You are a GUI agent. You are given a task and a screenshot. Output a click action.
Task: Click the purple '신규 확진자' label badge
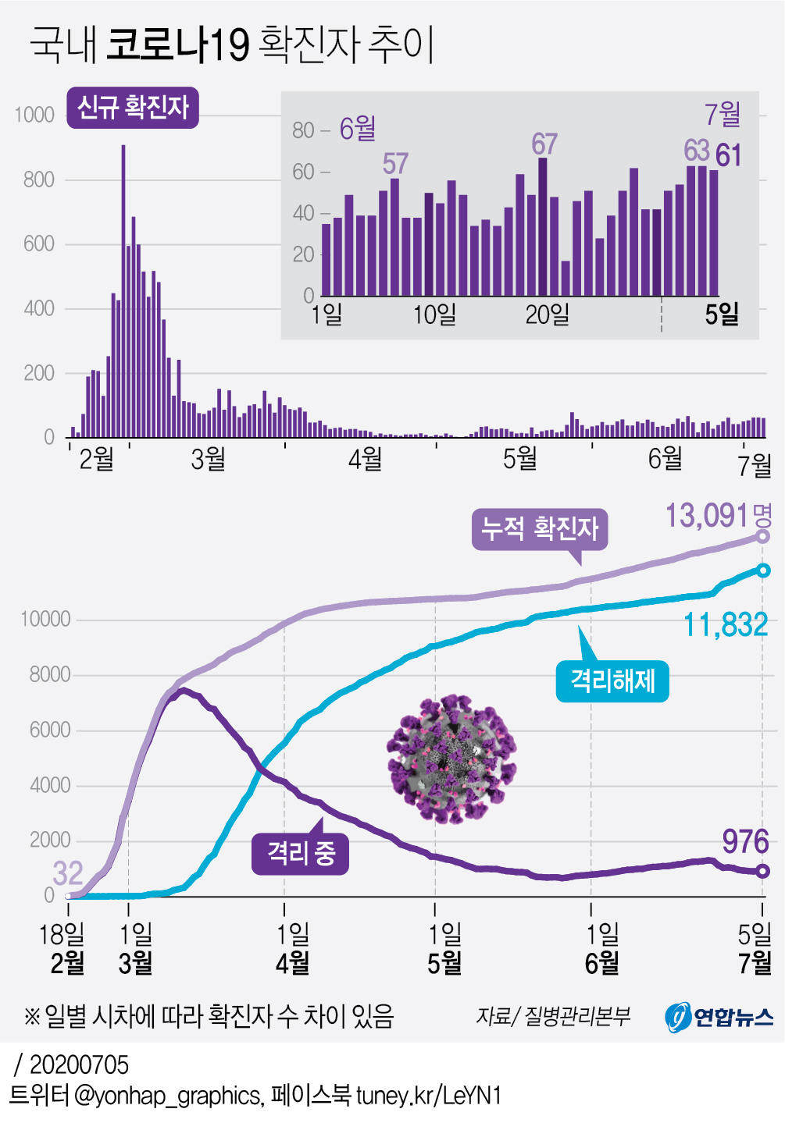pyautogui.click(x=133, y=108)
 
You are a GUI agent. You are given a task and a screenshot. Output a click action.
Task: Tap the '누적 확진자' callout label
pyautogui.click(x=540, y=529)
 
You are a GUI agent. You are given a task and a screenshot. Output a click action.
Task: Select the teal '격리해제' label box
pyautogui.click(x=612, y=681)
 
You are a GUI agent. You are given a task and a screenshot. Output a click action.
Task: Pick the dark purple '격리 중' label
pyautogui.click(x=301, y=852)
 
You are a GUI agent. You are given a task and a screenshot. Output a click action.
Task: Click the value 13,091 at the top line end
pyautogui.click(x=708, y=516)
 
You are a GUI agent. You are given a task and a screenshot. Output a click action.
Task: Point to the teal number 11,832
pyautogui.click(x=726, y=625)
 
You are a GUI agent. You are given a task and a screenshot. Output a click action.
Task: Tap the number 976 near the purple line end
pyautogui.click(x=745, y=841)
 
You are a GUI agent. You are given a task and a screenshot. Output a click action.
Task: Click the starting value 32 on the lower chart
pyautogui.click(x=68, y=873)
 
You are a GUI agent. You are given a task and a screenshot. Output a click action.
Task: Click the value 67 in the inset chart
pyautogui.click(x=544, y=144)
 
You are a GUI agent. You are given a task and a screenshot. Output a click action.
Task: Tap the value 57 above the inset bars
pyautogui.click(x=395, y=164)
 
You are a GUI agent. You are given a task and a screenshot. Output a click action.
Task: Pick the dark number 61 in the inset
pyautogui.click(x=728, y=156)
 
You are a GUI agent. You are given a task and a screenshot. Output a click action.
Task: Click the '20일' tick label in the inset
pyautogui.click(x=547, y=315)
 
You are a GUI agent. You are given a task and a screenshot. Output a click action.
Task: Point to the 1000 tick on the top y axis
pyautogui.click(x=34, y=115)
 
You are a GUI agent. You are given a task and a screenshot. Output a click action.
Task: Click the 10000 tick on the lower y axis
pyautogui.click(x=45, y=620)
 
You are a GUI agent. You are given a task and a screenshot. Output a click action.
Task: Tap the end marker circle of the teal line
pyautogui.click(x=763, y=570)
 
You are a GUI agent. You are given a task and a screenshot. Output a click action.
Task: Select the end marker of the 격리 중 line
pyautogui.click(x=763, y=871)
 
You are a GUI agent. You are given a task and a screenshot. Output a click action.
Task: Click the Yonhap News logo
pyautogui.click(x=719, y=1017)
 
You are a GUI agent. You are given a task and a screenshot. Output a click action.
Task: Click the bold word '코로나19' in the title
pyautogui.click(x=177, y=44)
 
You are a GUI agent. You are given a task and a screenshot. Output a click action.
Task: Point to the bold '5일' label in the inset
pyautogui.click(x=721, y=315)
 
